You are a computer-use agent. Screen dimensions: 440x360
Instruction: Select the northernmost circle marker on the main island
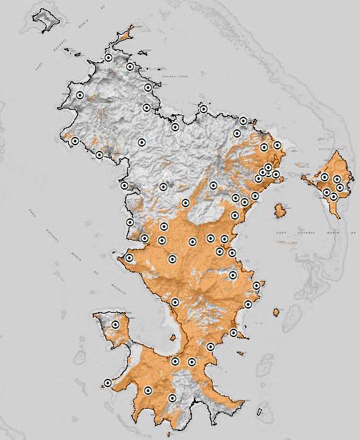pos(109,58)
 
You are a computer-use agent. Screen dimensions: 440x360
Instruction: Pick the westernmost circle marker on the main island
pos(75,141)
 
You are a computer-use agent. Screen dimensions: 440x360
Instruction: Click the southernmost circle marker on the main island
pos(172,398)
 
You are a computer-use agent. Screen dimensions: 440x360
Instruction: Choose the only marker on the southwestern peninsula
pos(115,324)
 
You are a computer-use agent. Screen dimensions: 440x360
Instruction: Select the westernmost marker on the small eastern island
pos(325,178)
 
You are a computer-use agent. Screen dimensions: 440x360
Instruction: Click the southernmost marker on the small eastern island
pos(334,197)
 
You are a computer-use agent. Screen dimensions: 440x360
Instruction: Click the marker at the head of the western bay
pos(124,186)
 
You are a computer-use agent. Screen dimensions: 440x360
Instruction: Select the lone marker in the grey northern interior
pos(142,142)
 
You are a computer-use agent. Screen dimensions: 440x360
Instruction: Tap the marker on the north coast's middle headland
pos(204,109)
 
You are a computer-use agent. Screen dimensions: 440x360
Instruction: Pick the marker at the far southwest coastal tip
pos(108,383)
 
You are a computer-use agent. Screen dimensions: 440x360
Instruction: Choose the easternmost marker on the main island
pos(277,145)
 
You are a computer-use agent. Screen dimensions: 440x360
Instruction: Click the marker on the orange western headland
pos(129,258)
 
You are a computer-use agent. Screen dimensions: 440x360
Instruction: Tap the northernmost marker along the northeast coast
pos(243,121)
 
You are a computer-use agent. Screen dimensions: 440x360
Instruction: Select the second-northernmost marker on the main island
pos(130,67)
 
